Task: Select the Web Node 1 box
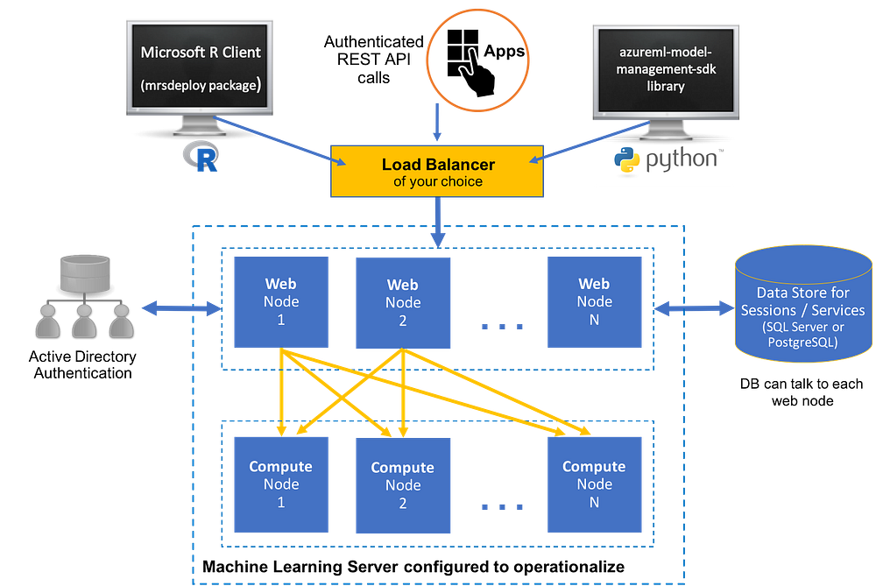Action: click(280, 301)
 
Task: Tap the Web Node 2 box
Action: click(403, 302)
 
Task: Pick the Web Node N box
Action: click(594, 301)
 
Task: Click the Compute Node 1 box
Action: click(280, 484)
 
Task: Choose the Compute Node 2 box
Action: click(403, 485)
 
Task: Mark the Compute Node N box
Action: click(594, 484)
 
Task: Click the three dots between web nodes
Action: click(502, 326)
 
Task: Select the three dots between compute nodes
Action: click(502, 506)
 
